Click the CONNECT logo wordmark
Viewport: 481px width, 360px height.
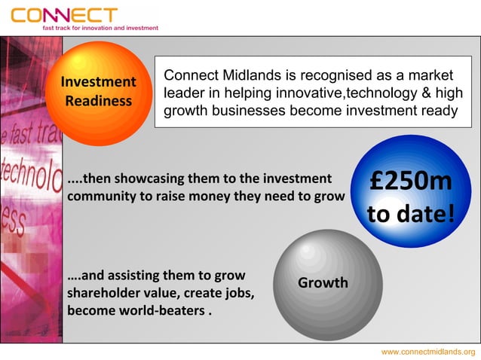(x=65, y=14)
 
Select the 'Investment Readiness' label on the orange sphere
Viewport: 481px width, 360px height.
(x=98, y=91)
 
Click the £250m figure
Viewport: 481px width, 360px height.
(x=411, y=182)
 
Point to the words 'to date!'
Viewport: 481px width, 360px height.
(x=411, y=215)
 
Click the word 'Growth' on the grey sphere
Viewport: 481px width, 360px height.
(x=323, y=283)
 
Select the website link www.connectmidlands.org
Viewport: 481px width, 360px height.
(x=427, y=352)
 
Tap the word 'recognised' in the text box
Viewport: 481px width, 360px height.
(x=332, y=76)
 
